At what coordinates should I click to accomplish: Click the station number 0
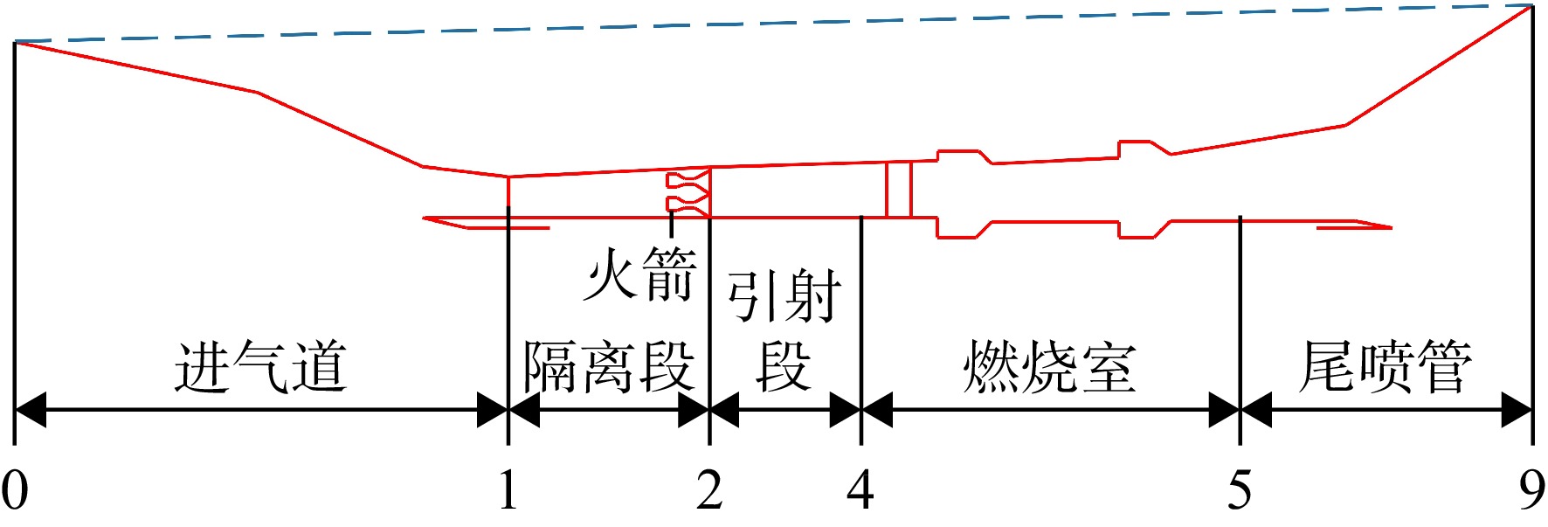[x=15, y=489]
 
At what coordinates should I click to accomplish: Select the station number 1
[x=508, y=489]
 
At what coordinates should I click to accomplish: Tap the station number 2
[x=709, y=489]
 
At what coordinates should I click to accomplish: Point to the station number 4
[x=860, y=489]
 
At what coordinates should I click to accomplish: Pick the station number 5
[x=1240, y=489]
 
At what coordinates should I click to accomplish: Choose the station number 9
[x=1532, y=489]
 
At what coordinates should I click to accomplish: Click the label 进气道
[x=261, y=367]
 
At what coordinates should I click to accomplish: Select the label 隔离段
[x=609, y=367]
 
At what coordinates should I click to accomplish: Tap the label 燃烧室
[x=1049, y=367]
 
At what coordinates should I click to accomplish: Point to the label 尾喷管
[x=1386, y=367]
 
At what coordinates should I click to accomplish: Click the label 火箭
[x=640, y=274]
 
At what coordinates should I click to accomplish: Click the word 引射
[x=784, y=297]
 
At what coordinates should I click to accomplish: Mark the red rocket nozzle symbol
[x=688, y=193]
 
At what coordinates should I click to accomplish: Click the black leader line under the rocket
[x=671, y=225]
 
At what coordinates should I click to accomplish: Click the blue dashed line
[x=773, y=24]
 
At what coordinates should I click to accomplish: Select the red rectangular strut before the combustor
[x=899, y=189]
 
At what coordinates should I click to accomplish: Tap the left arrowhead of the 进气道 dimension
[x=31, y=409]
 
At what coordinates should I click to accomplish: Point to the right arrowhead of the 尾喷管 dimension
[x=1517, y=409]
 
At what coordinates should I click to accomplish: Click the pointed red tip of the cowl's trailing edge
[x=1390, y=228]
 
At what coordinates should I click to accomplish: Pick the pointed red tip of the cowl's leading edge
[x=425, y=218]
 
